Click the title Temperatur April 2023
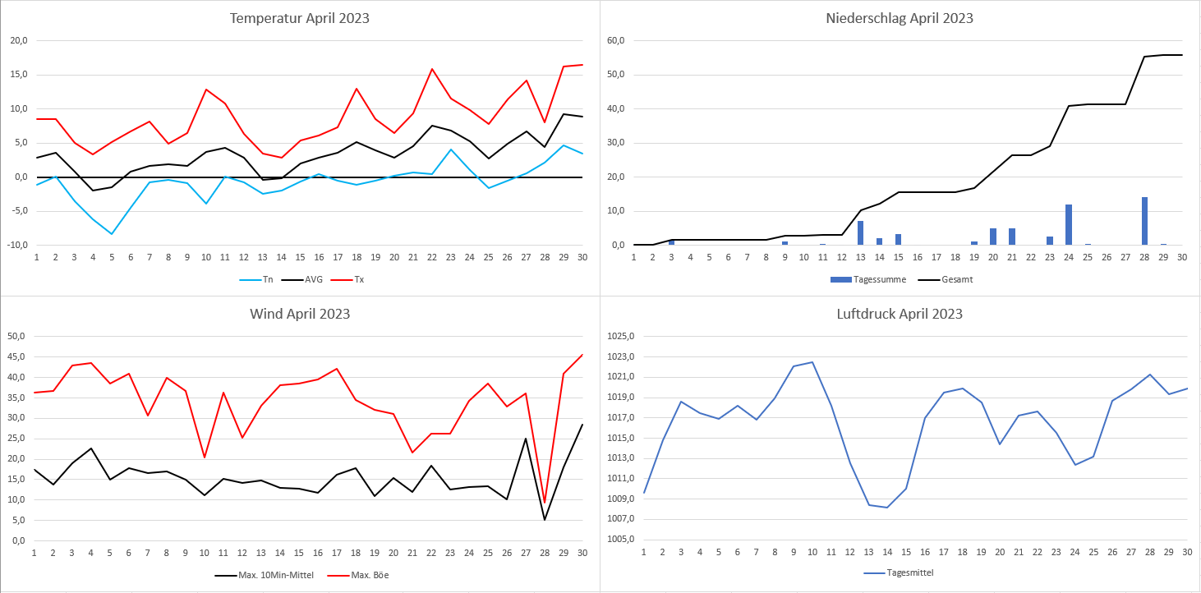(x=299, y=18)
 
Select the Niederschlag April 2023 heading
(x=900, y=18)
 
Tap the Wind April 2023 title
(x=300, y=314)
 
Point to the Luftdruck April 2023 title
(x=900, y=314)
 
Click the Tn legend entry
(x=264, y=279)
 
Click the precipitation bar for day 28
(x=1144, y=221)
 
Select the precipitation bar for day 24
(x=1069, y=225)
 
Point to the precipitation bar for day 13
(x=860, y=233)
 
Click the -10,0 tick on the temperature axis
(x=17, y=246)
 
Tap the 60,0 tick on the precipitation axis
(x=615, y=40)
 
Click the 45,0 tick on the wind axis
(x=16, y=356)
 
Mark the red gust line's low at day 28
(x=545, y=502)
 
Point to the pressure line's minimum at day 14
(x=886, y=507)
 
